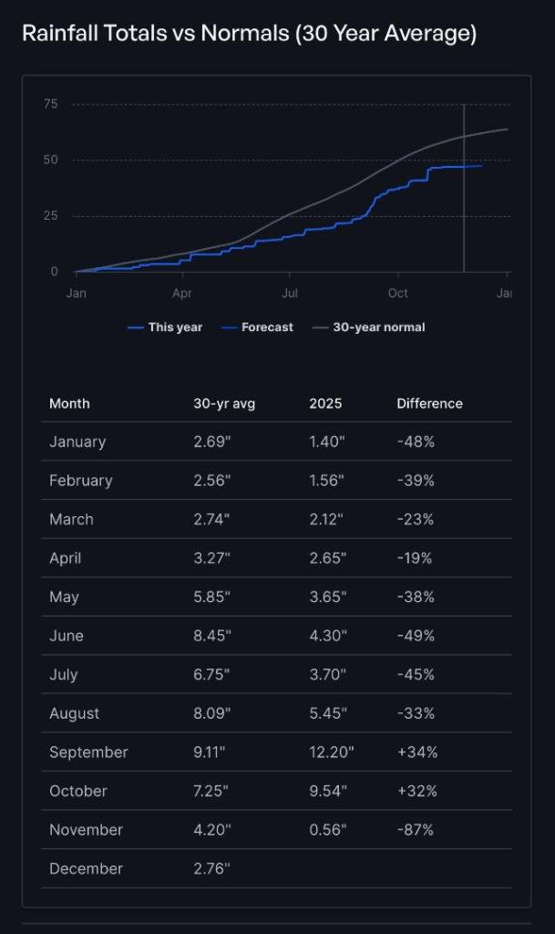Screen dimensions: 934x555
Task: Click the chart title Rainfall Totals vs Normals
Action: coord(249,35)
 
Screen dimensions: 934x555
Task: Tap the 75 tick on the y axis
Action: coord(50,104)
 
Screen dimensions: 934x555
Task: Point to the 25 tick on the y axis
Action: coord(50,216)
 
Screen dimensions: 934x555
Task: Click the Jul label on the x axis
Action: coord(290,294)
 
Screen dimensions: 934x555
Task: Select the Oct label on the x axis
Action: coord(397,294)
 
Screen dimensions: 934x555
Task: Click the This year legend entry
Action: coord(166,327)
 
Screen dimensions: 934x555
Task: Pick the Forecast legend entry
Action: coord(258,327)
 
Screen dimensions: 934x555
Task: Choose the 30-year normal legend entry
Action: coord(369,327)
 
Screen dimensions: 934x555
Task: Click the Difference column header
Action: coord(429,403)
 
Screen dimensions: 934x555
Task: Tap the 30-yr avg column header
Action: coord(224,403)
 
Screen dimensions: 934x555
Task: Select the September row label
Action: coord(88,752)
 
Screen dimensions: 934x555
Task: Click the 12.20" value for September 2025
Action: coord(332,752)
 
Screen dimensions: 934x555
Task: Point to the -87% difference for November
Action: coord(416,830)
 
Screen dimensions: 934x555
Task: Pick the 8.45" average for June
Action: coord(211,636)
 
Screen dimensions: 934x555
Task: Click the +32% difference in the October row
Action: coord(417,791)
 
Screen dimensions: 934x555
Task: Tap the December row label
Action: coord(86,868)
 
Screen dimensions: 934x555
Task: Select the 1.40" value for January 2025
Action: coord(327,441)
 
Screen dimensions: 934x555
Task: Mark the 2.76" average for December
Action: coord(211,868)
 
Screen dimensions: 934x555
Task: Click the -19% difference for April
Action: coord(415,558)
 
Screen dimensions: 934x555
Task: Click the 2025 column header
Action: coord(325,403)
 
